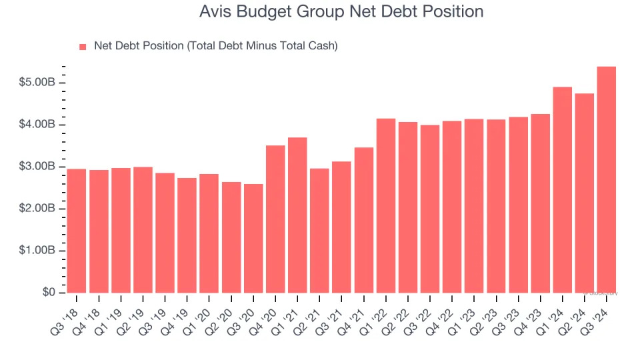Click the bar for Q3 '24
click(606, 180)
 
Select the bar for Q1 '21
click(297, 215)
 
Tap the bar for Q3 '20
click(253, 239)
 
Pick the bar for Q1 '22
click(386, 206)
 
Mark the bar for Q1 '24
click(562, 190)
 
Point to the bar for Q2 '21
click(319, 231)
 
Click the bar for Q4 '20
click(275, 219)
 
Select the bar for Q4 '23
click(540, 203)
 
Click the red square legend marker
click(83, 47)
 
